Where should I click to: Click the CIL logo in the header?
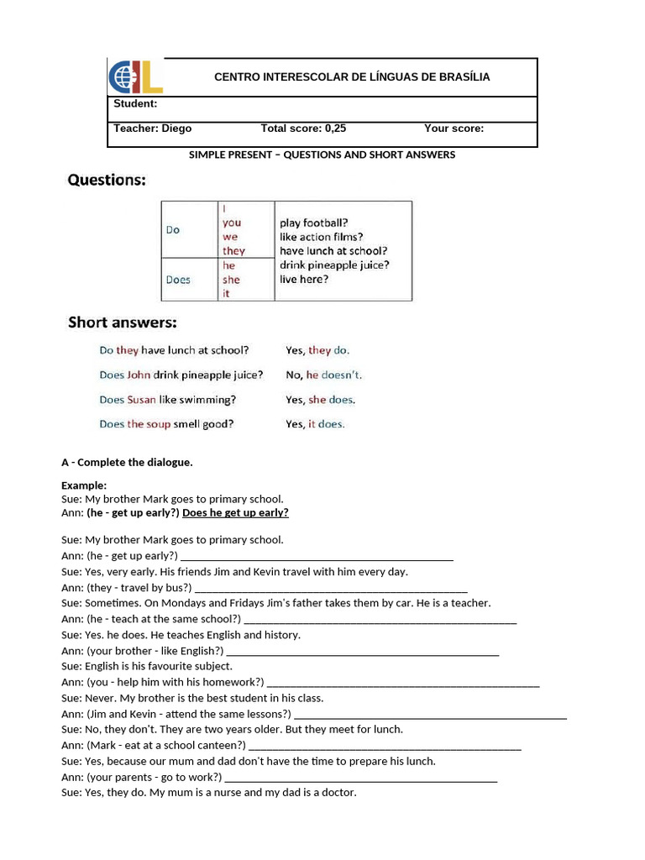point(135,77)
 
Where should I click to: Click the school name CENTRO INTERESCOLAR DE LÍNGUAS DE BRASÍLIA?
point(352,77)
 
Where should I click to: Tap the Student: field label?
point(135,104)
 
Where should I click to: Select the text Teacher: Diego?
point(153,128)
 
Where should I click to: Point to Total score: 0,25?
point(303,128)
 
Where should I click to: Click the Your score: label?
point(454,128)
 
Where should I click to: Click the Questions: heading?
point(107,180)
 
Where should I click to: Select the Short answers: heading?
point(123,322)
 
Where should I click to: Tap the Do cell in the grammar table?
point(173,229)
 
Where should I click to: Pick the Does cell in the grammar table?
point(178,280)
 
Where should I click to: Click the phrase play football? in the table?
point(314,223)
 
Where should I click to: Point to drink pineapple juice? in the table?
point(334,265)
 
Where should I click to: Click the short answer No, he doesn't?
point(323,375)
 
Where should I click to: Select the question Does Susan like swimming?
point(168,400)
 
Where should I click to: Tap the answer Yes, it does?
point(315,424)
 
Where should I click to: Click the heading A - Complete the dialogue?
point(127,462)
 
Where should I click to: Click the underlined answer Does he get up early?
point(235,513)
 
